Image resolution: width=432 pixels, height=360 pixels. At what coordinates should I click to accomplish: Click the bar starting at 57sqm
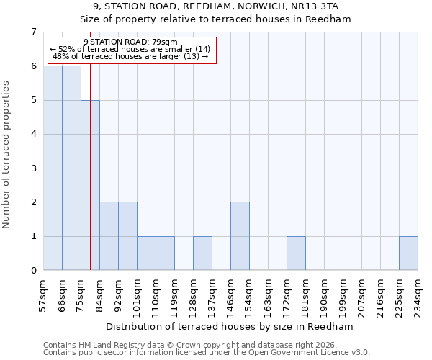tap(53, 168)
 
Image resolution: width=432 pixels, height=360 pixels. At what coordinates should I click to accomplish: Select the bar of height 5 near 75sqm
tap(90, 185)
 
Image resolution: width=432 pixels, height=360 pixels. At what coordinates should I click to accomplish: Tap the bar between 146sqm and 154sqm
tap(240, 236)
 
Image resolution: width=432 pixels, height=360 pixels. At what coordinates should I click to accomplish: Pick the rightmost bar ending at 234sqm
tap(408, 253)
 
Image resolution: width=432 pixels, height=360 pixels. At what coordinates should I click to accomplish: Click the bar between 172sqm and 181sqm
tap(296, 253)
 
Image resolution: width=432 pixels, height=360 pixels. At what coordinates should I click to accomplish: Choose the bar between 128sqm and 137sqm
tap(202, 253)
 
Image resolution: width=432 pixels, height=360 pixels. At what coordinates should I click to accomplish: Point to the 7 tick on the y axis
tap(33, 32)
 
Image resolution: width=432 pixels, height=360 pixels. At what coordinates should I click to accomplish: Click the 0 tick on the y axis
tap(33, 271)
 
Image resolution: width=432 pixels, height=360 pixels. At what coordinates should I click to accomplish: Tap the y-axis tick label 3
tap(33, 168)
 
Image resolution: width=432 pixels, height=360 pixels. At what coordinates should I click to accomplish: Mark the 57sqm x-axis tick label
tap(43, 294)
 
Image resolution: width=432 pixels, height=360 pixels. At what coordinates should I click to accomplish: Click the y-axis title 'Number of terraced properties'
tap(7, 154)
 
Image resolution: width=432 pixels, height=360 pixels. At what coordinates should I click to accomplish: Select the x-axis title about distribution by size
tap(230, 326)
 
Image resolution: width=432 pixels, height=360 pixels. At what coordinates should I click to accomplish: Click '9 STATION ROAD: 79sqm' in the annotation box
tap(130, 42)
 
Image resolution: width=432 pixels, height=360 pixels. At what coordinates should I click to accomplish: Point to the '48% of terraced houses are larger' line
tap(130, 57)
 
